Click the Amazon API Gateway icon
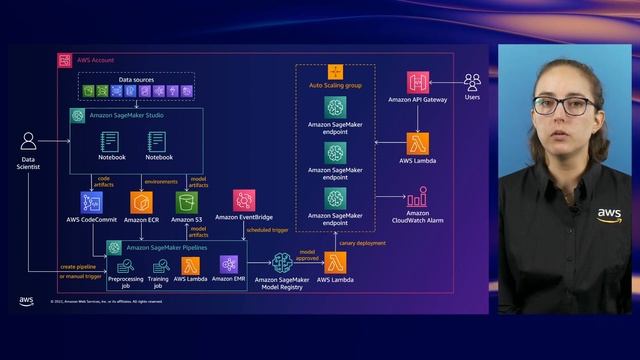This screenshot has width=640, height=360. click(x=418, y=83)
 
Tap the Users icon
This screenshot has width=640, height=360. click(x=472, y=82)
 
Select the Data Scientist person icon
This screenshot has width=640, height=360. click(x=29, y=142)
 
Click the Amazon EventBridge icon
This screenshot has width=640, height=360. click(x=244, y=200)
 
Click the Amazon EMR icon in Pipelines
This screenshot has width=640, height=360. click(x=229, y=264)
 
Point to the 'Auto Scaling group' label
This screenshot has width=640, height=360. click(x=335, y=86)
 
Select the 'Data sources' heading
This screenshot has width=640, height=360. click(x=136, y=77)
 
